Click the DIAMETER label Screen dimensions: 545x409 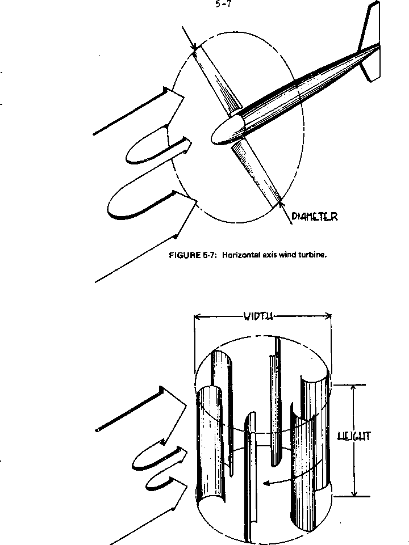(315, 216)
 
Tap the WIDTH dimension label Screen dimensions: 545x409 (258, 316)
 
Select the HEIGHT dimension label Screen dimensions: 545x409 (354, 436)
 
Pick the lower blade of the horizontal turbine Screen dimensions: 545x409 (258, 170)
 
